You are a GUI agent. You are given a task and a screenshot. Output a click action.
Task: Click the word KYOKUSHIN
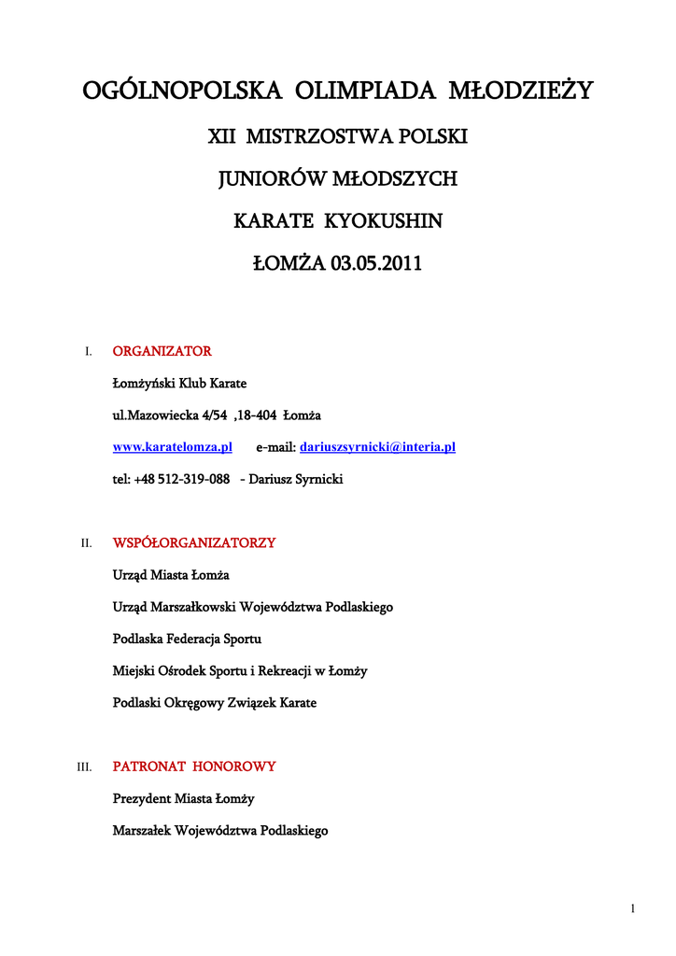(384, 221)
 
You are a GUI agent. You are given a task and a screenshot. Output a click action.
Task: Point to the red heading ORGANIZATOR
(162, 352)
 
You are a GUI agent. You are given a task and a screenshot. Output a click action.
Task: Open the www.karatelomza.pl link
(172, 448)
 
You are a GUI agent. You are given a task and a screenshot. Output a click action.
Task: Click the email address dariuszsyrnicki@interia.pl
(377, 448)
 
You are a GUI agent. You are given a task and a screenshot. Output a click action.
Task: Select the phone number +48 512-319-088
(182, 479)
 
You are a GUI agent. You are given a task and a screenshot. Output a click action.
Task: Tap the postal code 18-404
(256, 415)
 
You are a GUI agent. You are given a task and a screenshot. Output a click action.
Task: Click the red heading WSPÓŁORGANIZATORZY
(194, 542)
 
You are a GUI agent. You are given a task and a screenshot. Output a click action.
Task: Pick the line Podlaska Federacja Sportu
(187, 639)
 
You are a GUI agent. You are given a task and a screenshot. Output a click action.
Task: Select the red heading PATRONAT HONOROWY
(194, 766)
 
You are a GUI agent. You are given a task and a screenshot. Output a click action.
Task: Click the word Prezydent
(142, 799)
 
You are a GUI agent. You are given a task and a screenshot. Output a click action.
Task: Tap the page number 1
(633, 909)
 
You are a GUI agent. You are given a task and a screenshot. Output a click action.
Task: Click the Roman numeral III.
(84, 767)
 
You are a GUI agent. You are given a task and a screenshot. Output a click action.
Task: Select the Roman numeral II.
(86, 543)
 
